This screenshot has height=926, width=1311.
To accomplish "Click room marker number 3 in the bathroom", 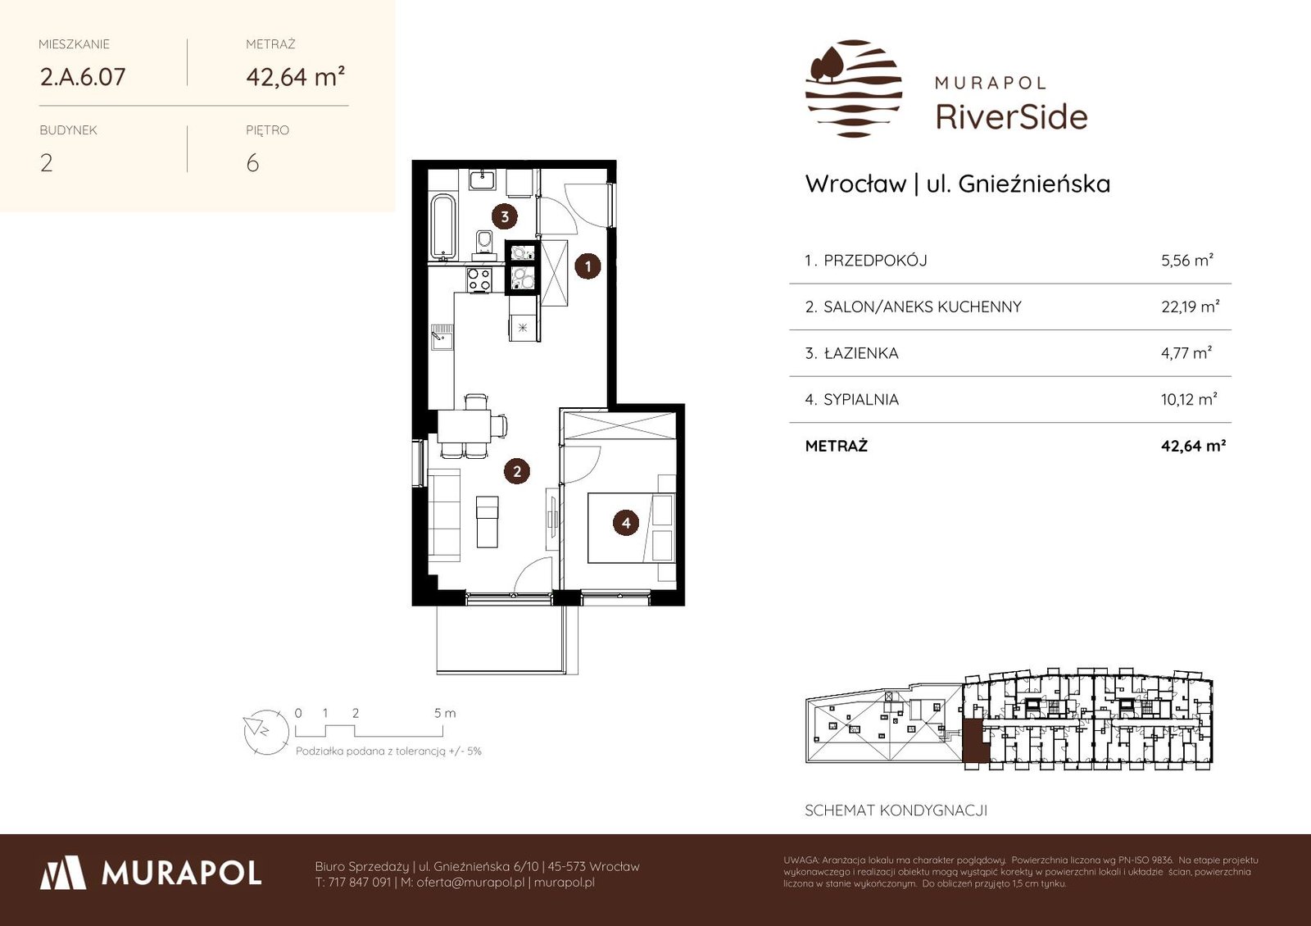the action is (505, 216).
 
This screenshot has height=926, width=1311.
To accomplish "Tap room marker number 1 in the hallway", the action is (587, 266).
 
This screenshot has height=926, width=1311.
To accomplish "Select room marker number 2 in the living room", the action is (517, 471).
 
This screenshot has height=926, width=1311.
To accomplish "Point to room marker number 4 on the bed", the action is (626, 523).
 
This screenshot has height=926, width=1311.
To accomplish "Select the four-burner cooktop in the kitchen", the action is (479, 279).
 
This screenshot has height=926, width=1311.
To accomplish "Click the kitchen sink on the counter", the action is (442, 337).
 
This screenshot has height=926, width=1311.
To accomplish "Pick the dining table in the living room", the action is (465, 426).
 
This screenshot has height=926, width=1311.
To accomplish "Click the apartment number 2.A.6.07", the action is (83, 77).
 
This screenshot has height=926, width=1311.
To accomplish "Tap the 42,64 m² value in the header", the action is (295, 77).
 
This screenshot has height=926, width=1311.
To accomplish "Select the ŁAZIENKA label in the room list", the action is (861, 353).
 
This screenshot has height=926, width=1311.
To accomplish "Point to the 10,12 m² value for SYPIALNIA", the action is (1189, 399).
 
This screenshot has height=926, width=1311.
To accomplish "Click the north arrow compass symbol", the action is (265, 732).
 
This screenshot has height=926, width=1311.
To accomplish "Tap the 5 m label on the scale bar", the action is (445, 713).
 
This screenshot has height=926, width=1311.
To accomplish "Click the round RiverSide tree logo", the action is (853, 89).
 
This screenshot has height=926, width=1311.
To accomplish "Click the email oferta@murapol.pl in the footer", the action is (470, 882).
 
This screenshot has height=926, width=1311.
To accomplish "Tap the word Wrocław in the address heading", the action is (855, 184).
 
